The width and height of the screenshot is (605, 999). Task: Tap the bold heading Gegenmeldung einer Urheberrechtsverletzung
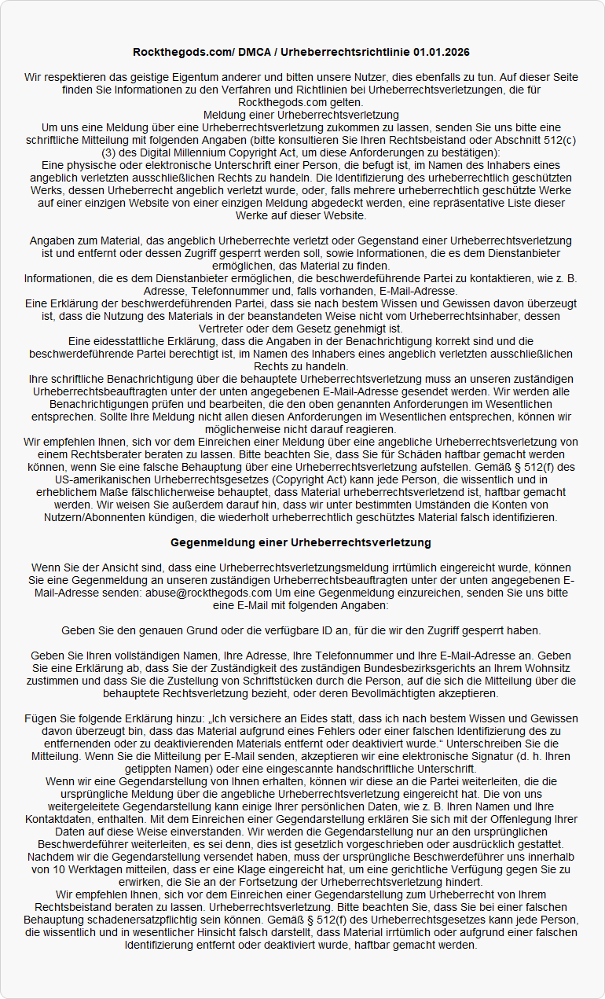[x=301, y=542]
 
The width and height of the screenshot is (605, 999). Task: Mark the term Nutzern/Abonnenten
[x=104, y=517]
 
